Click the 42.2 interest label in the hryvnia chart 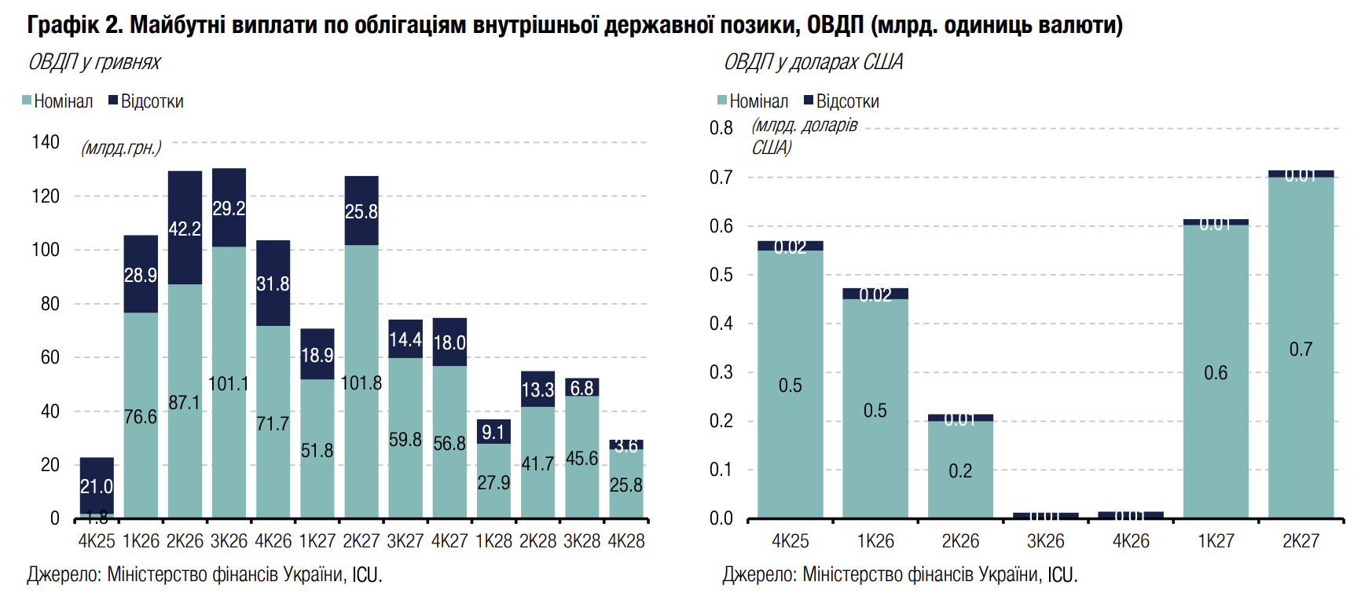click(185, 229)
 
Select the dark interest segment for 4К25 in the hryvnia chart click(97, 471)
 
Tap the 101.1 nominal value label click(229, 384)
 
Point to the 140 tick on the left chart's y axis click(46, 142)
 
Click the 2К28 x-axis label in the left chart click(537, 541)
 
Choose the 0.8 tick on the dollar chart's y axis click(721, 128)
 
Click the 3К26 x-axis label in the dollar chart click(1045, 541)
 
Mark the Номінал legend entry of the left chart click(57, 101)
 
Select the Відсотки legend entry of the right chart click(841, 101)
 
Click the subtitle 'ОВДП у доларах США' click(813, 62)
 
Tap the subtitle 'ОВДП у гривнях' click(94, 62)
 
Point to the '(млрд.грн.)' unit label click(121, 148)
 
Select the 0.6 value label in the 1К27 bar click(1216, 373)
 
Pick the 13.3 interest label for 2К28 click(537, 390)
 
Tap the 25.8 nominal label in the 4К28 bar click(626, 485)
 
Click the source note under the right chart click(900, 575)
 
